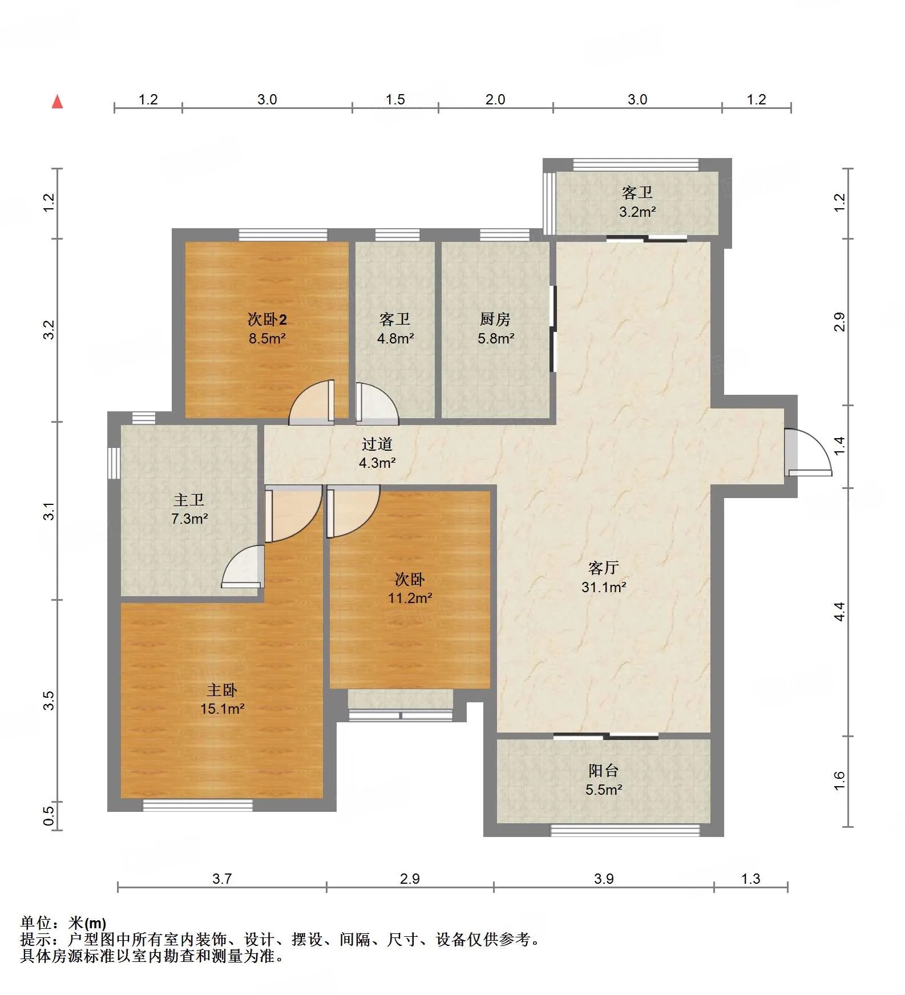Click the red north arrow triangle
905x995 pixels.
click(57, 102)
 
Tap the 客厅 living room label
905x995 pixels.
click(603, 568)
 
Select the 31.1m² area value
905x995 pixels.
click(604, 587)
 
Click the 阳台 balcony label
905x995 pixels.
click(603, 771)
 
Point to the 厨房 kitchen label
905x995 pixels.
click(495, 319)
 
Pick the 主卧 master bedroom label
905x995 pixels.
click(221, 690)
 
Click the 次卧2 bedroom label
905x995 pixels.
click(267, 319)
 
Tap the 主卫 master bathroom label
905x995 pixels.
click(189, 500)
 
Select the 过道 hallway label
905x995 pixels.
click(377, 444)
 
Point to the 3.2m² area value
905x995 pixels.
click(637, 212)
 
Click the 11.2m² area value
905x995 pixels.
click(410, 598)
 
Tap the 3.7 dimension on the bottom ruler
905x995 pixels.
click(222, 879)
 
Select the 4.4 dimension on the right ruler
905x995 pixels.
click(839, 612)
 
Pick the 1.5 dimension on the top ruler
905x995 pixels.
click(395, 100)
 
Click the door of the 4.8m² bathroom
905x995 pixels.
click(377, 403)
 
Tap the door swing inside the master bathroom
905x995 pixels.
click(243, 566)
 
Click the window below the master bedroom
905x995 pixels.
click(197, 805)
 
